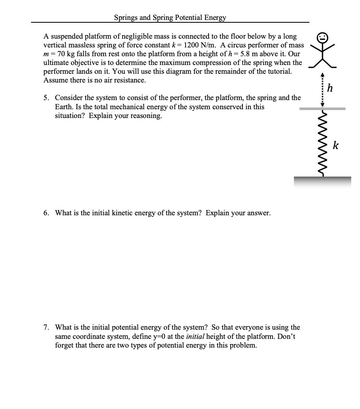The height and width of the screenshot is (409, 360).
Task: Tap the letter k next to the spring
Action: coord(336,145)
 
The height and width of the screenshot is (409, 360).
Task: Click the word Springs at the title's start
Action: coord(125,18)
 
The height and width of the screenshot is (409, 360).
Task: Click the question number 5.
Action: coord(46,98)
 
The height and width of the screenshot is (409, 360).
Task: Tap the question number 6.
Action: coord(46,213)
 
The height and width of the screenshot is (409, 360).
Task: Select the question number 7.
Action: coord(46,328)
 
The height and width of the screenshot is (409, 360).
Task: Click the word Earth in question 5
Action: coord(65,107)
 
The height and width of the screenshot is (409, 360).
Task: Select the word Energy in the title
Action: coord(215,18)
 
